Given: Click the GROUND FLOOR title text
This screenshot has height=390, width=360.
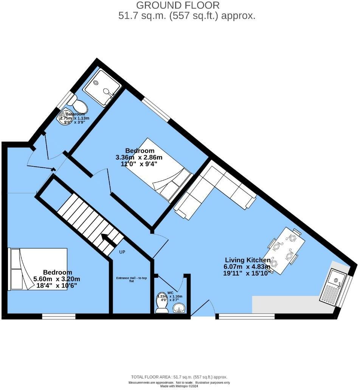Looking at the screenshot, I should (177, 5).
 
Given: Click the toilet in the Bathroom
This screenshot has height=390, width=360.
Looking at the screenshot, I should (77, 103).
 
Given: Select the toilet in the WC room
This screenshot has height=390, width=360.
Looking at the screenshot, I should (162, 304).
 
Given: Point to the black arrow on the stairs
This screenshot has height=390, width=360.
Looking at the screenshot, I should (107, 238).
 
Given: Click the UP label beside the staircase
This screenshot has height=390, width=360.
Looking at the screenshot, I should (122, 252).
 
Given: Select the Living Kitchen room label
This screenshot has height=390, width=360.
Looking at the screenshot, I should (247, 260).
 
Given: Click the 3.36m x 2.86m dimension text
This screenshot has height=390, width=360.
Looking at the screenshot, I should (139, 157).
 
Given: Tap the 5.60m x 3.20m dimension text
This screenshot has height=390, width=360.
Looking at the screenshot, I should (57, 279).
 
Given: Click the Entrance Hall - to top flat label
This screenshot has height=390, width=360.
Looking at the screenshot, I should (130, 279).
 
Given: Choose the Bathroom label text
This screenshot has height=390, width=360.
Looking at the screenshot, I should (75, 114).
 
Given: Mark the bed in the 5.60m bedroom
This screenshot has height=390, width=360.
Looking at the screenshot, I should (38, 269).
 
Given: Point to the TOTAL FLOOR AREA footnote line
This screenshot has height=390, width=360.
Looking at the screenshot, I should (179, 377).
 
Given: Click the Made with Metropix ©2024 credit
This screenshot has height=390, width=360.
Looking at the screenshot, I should (179, 386).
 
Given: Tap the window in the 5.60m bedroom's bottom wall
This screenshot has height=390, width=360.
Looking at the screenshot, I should (59, 316).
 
